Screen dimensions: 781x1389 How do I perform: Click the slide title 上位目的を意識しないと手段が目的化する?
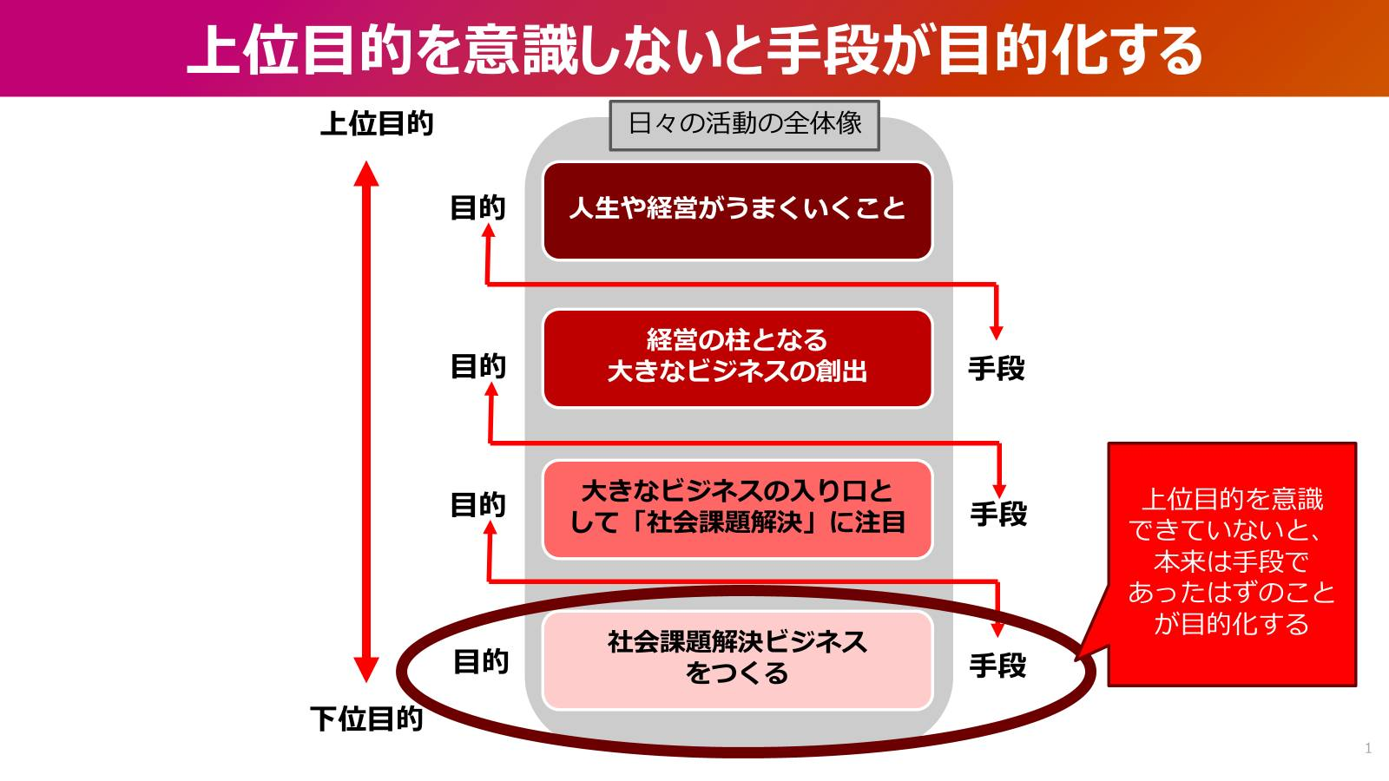pyautogui.click(x=694, y=49)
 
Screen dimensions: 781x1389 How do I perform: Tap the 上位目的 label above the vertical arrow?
pyautogui.click(x=377, y=123)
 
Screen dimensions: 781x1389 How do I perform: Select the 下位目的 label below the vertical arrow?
pyautogui.click(x=366, y=719)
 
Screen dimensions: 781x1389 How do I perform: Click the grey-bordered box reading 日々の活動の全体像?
pyautogui.click(x=744, y=124)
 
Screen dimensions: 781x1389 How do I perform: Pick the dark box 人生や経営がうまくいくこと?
pyautogui.click(x=737, y=209)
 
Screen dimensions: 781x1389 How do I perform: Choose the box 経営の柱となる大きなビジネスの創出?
pyautogui.click(x=737, y=357)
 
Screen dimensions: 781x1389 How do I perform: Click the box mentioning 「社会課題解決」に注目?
pyautogui.click(x=737, y=508)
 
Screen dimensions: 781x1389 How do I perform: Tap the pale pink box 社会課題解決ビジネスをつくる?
pyautogui.click(x=737, y=659)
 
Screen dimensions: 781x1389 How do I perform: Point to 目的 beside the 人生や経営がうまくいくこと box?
pyautogui.click(x=477, y=207)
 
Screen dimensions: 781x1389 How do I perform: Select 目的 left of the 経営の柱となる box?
pyautogui.click(x=477, y=366)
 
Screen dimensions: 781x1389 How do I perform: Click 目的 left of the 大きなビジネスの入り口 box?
pyautogui.click(x=477, y=504)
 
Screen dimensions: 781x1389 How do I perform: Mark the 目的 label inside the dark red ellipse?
pyautogui.click(x=481, y=662)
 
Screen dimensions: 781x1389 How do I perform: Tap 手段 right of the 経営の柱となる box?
pyautogui.click(x=997, y=369)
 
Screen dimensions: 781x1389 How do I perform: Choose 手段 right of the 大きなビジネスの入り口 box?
pyautogui.click(x=998, y=515)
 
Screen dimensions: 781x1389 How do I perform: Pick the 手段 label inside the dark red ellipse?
pyautogui.click(x=997, y=666)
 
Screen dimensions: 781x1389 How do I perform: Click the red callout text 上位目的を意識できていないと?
pyautogui.click(x=1231, y=561)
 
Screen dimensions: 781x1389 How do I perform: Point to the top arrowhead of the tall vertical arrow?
pyautogui.click(x=366, y=173)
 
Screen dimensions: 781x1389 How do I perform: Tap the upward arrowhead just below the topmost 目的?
pyautogui.click(x=488, y=232)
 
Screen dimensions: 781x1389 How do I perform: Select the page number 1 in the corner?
pyautogui.click(x=1368, y=748)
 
